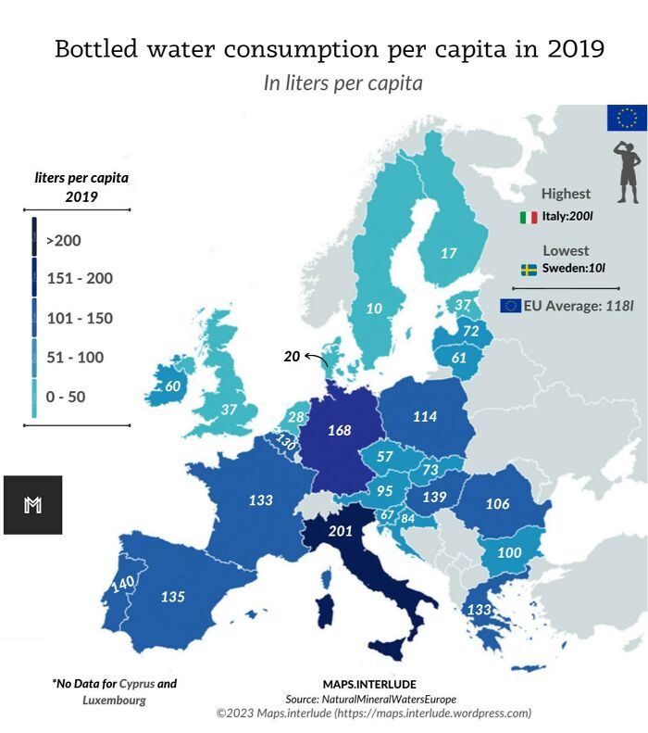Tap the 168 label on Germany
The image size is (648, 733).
[x=341, y=430]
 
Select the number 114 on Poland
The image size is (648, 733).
[x=424, y=417]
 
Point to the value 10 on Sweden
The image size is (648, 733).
[x=374, y=309]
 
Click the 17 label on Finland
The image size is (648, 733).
[x=448, y=253]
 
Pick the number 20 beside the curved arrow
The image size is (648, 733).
[x=292, y=356]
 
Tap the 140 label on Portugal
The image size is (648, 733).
[x=122, y=585]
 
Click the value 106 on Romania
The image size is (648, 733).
[x=498, y=504]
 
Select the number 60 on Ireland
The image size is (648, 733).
[x=172, y=386]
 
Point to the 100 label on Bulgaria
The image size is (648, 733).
[x=510, y=552]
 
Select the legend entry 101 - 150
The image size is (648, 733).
[x=80, y=319]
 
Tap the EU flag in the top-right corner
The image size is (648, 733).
[x=627, y=118]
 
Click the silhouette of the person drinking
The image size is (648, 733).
[x=627, y=173]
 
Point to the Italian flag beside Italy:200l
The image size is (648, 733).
[x=529, y=218]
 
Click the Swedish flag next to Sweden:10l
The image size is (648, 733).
[x=529, y=270]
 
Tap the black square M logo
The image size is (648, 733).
[x=32, y=505]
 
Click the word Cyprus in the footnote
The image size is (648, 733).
[x=137, y=684]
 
